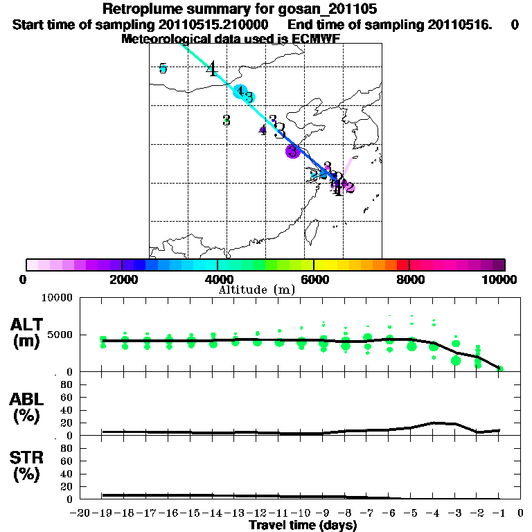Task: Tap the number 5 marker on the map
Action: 163,68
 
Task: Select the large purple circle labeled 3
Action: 292,150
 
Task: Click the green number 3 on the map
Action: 227,120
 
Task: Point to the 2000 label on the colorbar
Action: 121,280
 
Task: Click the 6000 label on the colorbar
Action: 314,280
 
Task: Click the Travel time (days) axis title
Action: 303,526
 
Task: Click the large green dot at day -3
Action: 456,360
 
